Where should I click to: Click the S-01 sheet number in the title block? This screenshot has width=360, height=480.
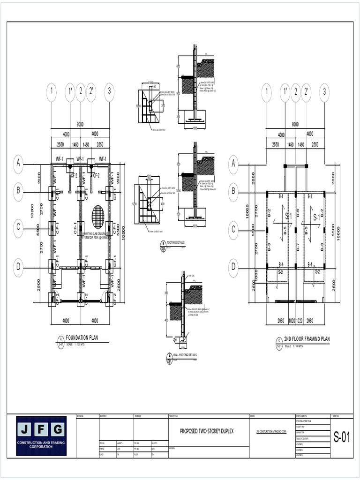pos(342,438)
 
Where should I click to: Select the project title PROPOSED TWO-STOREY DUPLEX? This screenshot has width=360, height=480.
pos(207,431)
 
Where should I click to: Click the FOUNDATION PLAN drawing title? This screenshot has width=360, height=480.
pos(82,337)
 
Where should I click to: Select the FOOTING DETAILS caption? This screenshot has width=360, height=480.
pos(176,243)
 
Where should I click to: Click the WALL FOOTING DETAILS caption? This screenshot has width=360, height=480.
pos(185,355)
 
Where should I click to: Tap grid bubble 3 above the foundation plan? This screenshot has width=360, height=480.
pos(109,92)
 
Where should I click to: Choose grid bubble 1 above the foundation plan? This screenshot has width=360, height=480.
pos(51,92)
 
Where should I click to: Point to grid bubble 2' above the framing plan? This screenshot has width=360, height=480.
pos(306,92)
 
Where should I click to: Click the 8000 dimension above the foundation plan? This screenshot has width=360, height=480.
pos(80,124)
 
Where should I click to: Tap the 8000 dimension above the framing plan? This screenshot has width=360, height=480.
pos(295,124)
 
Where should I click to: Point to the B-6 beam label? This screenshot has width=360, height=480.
pos(297,211)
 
